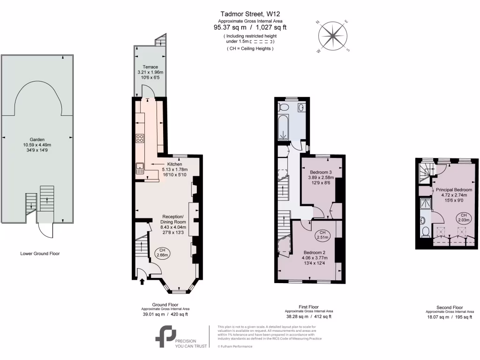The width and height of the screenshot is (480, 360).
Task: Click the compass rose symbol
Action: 333,36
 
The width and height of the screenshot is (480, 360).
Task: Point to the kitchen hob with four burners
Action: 140,138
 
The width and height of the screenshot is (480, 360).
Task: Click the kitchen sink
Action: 140,168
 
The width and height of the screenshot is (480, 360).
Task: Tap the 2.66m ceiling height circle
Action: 162,253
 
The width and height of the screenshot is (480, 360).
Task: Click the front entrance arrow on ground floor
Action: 142,281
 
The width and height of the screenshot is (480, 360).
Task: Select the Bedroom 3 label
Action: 321,172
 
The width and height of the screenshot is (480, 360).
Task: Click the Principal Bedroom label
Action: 454,189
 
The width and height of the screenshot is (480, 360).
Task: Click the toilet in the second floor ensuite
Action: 424,232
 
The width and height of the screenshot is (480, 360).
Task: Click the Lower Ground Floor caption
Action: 40,254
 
